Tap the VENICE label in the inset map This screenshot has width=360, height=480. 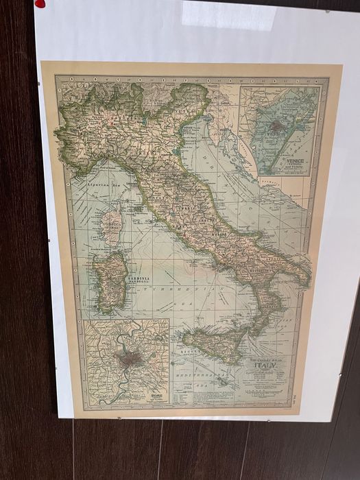tap(296, 160)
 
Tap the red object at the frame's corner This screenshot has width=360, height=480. tap(40, 3)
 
